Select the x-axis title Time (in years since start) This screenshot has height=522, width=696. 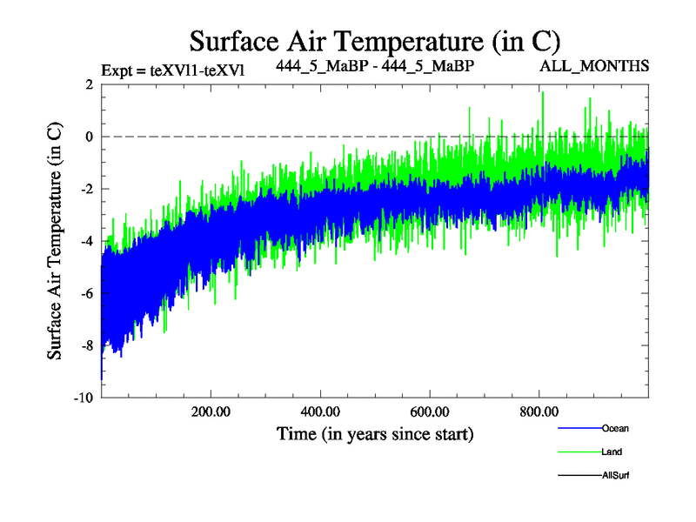click(375, 433)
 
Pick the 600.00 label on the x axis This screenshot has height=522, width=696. click(430, 412)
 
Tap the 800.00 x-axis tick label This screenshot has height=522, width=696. click(539, 412)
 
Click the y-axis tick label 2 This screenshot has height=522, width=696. click(89, 84)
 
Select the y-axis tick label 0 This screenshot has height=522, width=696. click(89, 137)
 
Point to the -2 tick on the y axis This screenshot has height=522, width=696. click(86, 189)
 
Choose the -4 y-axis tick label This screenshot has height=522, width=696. click(86, 241)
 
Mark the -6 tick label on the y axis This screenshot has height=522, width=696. click(86, 293)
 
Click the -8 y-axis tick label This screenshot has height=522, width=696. click(86, 345)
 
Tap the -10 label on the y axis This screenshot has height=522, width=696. click(84, 398)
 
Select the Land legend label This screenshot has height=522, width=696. click(612, 452)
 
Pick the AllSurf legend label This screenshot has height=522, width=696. click(615, 475)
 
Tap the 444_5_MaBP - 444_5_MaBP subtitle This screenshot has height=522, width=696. click(375, 66)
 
